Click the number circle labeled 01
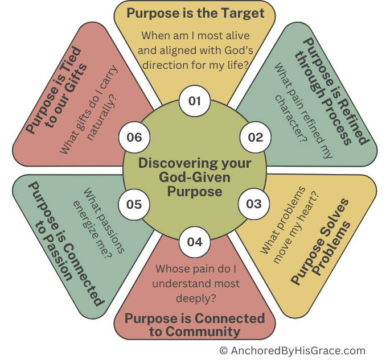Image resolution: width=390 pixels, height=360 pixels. click(195, 101)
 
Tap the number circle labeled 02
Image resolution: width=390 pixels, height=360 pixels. click(254, 137)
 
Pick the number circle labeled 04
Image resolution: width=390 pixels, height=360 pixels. click(194, 241)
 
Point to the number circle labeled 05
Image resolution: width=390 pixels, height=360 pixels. click(134, 204)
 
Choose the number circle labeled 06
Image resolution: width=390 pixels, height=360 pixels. click(134, 137)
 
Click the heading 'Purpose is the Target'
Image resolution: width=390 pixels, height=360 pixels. click(195, 13)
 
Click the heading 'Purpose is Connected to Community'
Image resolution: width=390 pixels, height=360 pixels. click(195, 324)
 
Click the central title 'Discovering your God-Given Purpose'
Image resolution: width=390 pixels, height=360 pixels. click(195, 177)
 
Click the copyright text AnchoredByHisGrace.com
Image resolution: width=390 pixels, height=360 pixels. click(292, 350)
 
